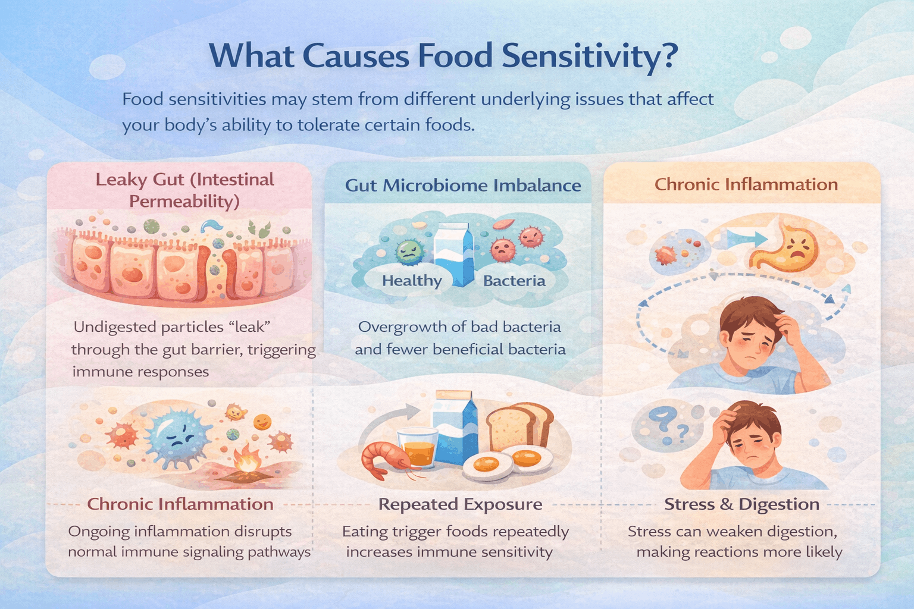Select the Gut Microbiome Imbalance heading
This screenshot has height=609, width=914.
tap(463, 186)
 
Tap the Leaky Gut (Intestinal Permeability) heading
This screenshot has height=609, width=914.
tap(184, 190)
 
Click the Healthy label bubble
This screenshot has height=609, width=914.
tap(412, 281)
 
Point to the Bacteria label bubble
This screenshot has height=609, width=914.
tap(514, 281)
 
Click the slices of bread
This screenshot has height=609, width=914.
tap(519, 425)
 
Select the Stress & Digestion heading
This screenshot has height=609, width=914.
tap(741, 504)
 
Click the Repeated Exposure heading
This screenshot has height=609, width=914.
tap(460, 504)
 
